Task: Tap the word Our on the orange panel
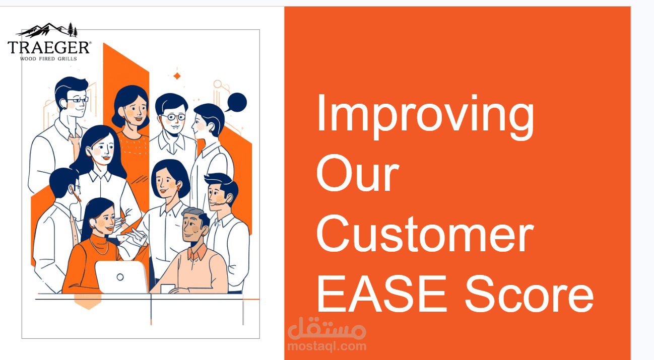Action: [x=357, y=174]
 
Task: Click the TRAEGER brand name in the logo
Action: [x=49, y=47]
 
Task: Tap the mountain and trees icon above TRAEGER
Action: [x=48, y=30]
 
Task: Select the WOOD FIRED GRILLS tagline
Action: [x=48, y=58]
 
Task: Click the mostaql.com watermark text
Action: [x=326, y=346]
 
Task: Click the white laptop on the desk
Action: [x=121, y=277]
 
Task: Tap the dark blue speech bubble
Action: [x=236, y=102]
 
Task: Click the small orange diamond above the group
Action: [x=177, y=76]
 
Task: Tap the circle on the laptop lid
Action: [x=120, y=277]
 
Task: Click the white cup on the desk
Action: [x=168, y=289]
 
